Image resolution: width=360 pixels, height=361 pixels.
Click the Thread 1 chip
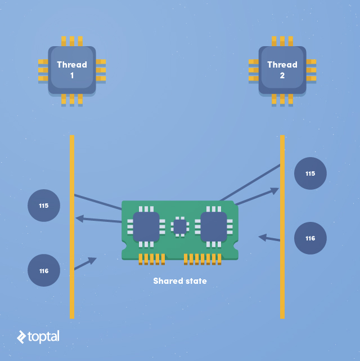[x=72, y=70]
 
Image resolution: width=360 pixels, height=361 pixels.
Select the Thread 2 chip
[x=282, y=70]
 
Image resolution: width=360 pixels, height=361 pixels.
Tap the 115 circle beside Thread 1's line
[x=44, y=206]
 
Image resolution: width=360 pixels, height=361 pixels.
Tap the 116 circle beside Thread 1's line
[x=44, y=270]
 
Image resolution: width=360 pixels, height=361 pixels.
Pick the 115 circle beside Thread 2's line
[x=310, y=173]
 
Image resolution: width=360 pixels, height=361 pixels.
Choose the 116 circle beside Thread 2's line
[x=310, y=238]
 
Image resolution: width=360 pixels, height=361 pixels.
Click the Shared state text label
[x=180, y=280]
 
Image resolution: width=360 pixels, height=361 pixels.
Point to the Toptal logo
[x=38, y=337]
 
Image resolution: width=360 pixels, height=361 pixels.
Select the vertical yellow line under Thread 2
[x=282, y=293]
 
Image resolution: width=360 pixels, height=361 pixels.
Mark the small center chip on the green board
[x=180, y=226]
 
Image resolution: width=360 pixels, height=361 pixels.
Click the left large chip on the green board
[x=146, y=226]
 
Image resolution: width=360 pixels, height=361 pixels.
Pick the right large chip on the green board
[x=214, y=226]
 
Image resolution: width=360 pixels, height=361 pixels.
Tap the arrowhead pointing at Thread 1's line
[x=79, y=219]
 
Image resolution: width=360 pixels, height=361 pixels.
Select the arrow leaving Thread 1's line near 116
[x=85, y=264]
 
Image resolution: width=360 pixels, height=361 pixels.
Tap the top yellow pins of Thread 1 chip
[x=72, y=41]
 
